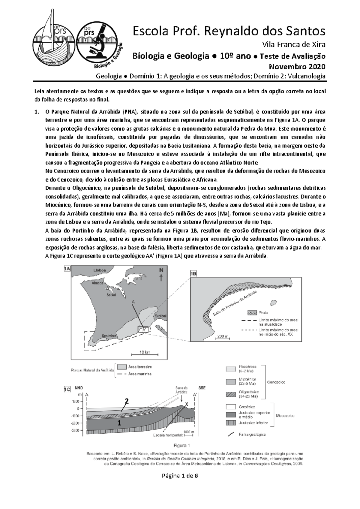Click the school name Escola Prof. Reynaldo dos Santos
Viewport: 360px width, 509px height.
pyautogui.click(x=229, y=31)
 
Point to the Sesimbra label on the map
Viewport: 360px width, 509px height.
pyautogui.click(x=109, y=336)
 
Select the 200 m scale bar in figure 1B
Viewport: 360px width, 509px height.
pyautogui.click(x=223, y=337)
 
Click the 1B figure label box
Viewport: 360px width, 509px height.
pyautogui.click(x=193, y=274)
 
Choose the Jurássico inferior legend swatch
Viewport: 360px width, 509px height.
pyautogui.click(x=231, y=423)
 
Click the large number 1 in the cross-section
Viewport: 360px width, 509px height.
pyautogui.click(x=119, y=423)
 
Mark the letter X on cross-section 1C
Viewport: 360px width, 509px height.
pyautogui.click(x=187, y=405)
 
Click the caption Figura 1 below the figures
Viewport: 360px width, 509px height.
pyautogui.click(x=182, y=445)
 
